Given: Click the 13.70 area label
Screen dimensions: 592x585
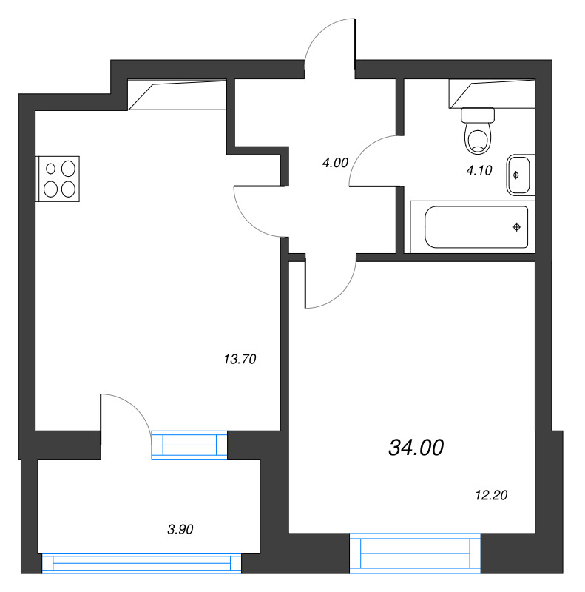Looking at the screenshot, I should [x=239, y=360].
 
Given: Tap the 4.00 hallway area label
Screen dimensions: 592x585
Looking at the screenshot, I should [x=335, y=163].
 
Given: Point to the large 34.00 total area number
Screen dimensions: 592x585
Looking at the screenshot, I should [x=416, y=447].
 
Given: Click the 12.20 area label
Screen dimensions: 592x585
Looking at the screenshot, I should [x=489, y=496].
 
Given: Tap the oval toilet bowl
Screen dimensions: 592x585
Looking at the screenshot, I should [x=478, y=138].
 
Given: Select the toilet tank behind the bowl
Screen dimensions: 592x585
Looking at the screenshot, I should [x=478, y=115].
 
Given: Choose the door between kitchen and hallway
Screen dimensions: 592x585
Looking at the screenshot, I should [x=258, y=212].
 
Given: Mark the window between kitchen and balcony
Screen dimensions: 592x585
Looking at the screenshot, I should [x=189, y=444].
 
